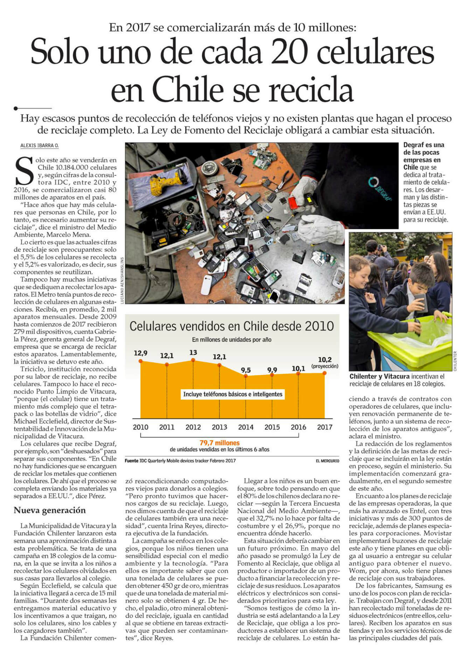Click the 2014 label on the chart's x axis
[246, 427]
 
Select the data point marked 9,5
[246, 376]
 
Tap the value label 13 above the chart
[193, 353]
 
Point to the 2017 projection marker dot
[325, 373]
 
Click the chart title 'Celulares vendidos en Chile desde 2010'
[232, 326]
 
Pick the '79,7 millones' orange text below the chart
[220, 443]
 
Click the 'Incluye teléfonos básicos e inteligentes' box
[233, 394]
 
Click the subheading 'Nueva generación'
[50, 510]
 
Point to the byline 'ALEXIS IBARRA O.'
[39, 145]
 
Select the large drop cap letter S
[24, 171]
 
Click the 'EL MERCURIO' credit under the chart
[327, 461]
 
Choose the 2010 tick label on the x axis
[140, 427]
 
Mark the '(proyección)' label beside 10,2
[325, 366]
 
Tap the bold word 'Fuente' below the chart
[132, 461]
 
